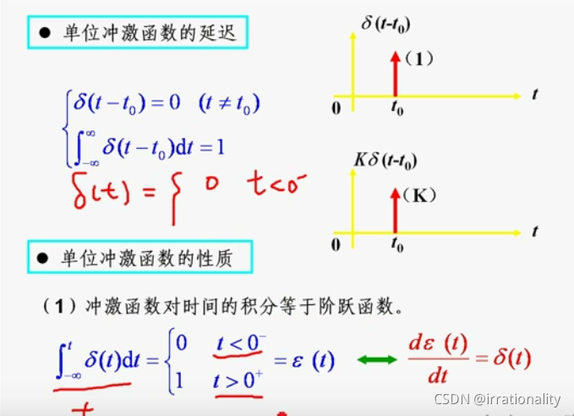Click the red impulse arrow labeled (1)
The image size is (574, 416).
[x=394, y=74]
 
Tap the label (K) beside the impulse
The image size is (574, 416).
[x=420, y=195]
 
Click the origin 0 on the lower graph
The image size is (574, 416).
[x=336, y=244]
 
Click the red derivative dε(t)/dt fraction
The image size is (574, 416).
[x=438, y=360]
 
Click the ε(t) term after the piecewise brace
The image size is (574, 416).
[x=314, y=362]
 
